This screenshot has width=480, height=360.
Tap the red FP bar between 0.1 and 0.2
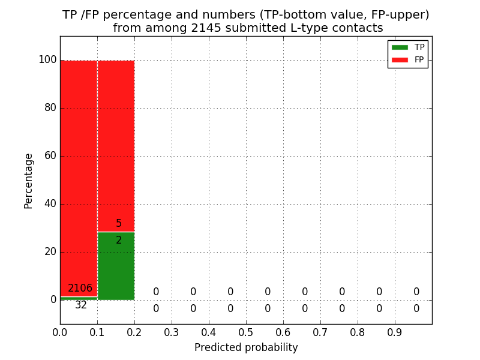click(116, 144)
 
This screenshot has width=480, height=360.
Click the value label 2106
click(80, 289)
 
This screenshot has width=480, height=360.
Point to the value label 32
click(81, 305)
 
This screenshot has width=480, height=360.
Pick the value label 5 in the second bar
click(119, 224)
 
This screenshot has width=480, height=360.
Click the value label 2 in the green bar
click(119, 241)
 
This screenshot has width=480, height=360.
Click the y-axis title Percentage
click(29, 181)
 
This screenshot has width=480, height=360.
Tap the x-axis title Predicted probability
click(246, 347)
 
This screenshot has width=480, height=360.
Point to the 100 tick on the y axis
click(47, 60)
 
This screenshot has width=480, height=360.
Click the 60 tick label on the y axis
click(50, 156)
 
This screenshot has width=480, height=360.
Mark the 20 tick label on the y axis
click(50, 252)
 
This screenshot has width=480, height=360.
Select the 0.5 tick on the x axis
click(246, 332)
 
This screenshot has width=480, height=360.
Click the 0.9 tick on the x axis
click(395, 332)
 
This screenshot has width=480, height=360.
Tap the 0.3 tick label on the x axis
click(172, 332)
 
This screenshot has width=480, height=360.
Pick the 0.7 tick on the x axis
click(320, 332)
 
